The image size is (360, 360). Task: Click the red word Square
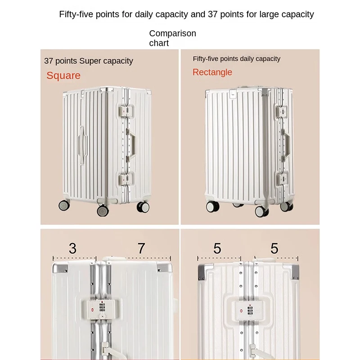(63, 76)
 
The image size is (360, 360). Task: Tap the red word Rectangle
(212, 72)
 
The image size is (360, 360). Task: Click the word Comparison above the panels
(173, 33)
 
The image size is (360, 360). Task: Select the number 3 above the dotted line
(72, 248)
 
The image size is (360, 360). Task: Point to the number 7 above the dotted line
(141, 248)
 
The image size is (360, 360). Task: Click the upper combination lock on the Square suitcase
(126, 111)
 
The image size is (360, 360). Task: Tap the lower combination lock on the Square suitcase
(126, 179)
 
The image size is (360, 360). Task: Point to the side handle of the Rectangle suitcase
(286, 144)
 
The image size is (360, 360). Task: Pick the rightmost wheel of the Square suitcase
(143, 207)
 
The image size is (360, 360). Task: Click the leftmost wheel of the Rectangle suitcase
(212, 207)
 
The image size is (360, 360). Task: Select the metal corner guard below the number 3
(60, 267)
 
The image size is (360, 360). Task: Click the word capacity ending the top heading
(298, 14)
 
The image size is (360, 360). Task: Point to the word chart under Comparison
(159, 43)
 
